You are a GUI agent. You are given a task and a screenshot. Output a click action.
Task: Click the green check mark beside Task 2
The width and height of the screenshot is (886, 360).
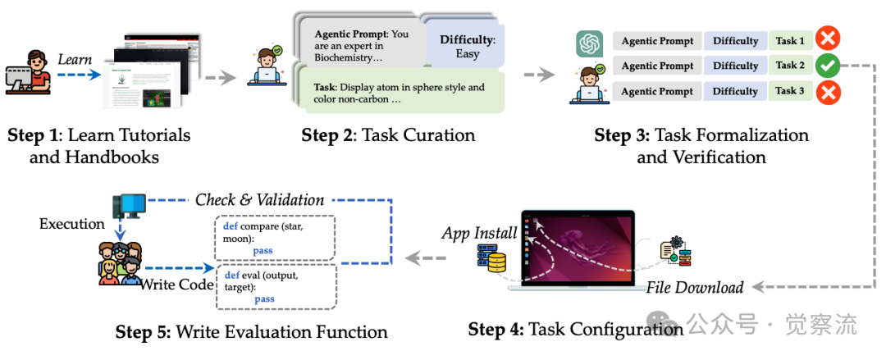[828, 65]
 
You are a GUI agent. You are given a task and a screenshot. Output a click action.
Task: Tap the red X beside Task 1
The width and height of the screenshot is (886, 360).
[828, 39]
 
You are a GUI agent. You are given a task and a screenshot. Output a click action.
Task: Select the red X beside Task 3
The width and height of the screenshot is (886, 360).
[828, 92]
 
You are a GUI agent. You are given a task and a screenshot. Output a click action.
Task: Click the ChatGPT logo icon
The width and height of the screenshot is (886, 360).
[589, 43]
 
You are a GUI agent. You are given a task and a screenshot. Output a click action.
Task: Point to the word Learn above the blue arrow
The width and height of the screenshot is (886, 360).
[75, 59]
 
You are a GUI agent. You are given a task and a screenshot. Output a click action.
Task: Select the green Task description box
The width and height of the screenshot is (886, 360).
[399, 94]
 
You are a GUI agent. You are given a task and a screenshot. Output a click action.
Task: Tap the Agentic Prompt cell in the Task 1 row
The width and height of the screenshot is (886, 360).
[657, 40]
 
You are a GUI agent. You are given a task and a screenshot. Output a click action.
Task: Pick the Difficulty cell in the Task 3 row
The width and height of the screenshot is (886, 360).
[735, 91]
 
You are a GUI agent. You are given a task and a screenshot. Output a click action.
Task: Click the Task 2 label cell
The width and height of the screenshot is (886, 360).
[791, 66]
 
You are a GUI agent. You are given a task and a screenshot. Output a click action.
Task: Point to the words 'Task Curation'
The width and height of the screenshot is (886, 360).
[427, 135]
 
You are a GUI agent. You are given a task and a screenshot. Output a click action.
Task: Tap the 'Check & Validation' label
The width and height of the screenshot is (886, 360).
[259, 199]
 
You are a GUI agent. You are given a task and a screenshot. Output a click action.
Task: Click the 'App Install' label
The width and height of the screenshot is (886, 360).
[480, 233]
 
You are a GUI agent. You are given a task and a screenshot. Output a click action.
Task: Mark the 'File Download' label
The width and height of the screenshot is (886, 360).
[694, 287]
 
